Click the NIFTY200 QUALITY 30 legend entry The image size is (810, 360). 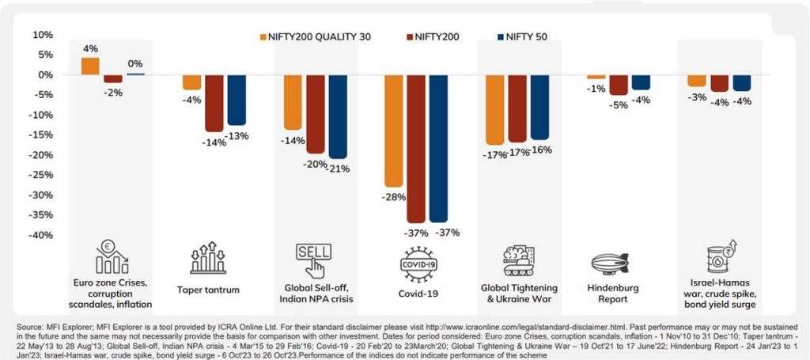[x=314, y=36]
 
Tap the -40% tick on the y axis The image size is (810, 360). [x=42, y=235]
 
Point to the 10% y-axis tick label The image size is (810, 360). [x=43, y=35]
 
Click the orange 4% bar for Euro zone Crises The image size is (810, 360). [x=91, y=66]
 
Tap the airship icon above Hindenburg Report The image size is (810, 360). [x=611, y=262]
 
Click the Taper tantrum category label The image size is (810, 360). [x=208, y=290]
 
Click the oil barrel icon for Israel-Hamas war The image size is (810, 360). [x=720, y=260]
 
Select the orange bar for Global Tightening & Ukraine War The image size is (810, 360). [x=496, y=110]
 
